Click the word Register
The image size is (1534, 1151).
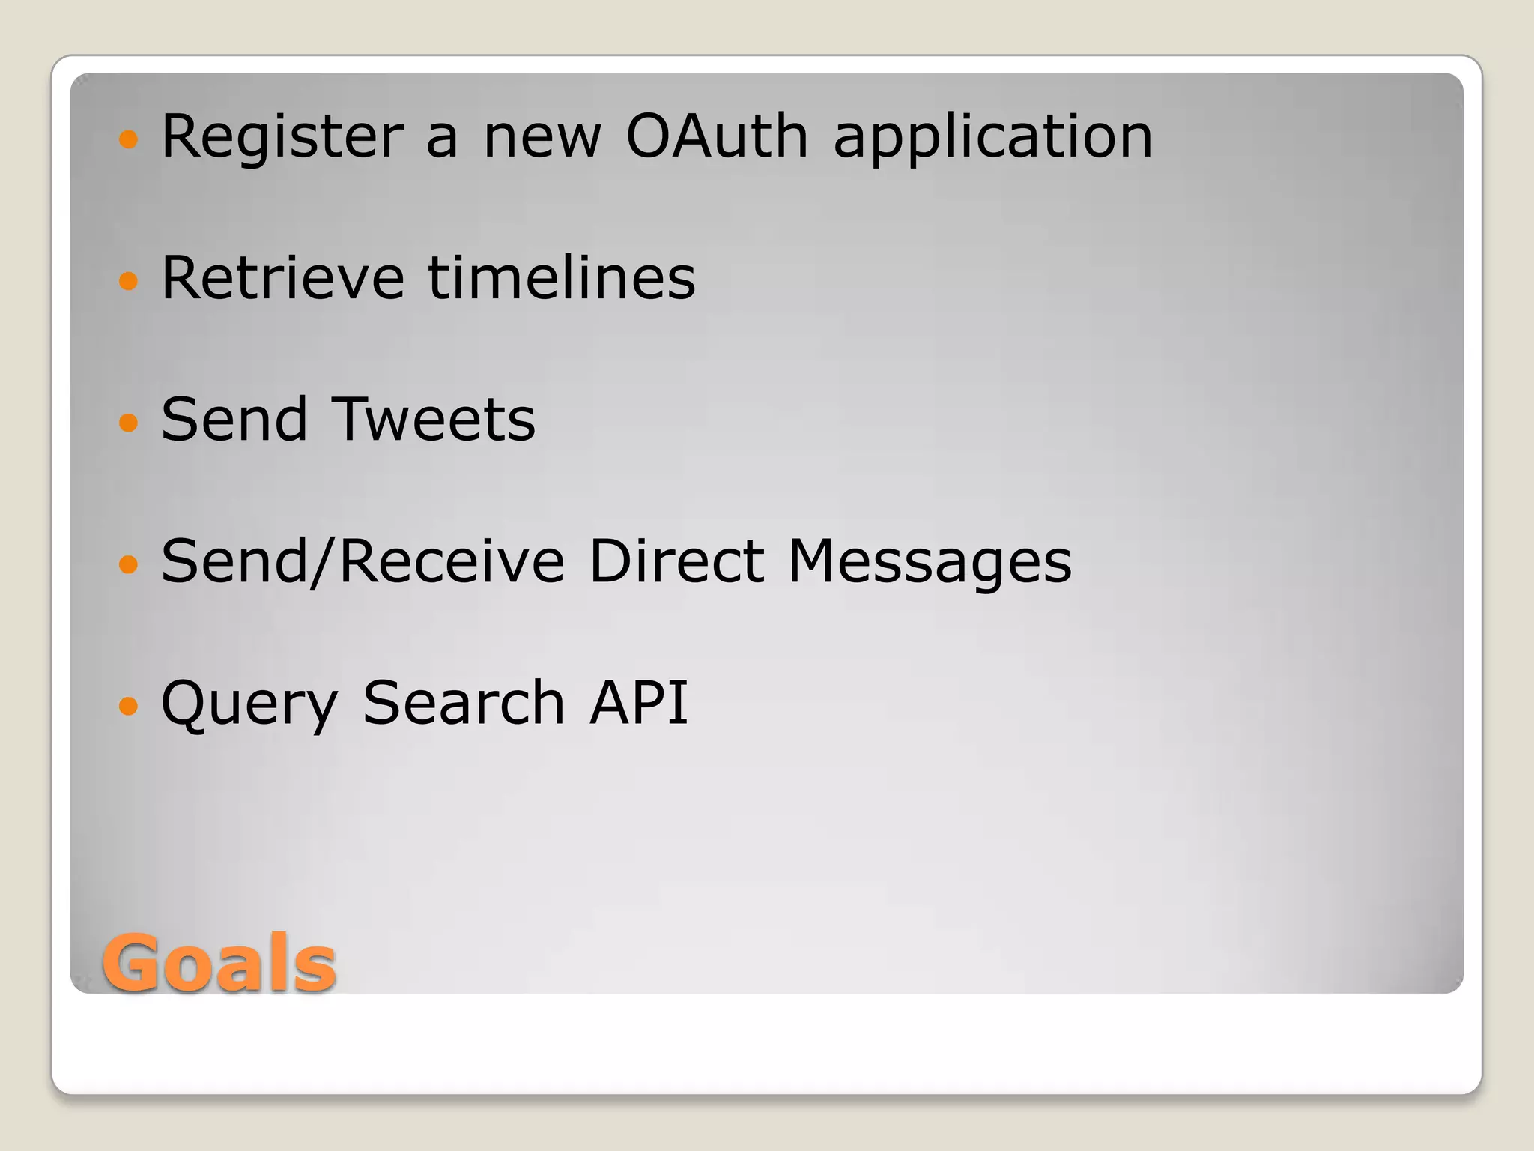[282, 136]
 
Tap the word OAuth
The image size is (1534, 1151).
[717, 136]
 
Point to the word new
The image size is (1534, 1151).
[542, 138]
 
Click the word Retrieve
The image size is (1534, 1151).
[282, 278]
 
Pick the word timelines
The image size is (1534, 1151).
[561, 278]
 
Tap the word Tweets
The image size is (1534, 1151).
[434, 419]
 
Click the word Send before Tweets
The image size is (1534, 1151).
[234, 419]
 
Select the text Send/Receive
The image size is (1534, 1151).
[363, 561]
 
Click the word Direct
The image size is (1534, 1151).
[676, 561]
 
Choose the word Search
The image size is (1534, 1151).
[463, 703]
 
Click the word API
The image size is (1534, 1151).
[638, 703]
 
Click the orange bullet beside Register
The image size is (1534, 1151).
[129, 139]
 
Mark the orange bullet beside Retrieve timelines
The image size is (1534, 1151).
[129, 280]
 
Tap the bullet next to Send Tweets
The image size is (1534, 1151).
[129, 422]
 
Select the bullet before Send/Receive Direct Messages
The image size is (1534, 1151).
[129, 564]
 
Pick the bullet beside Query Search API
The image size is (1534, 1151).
[129, 705]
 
